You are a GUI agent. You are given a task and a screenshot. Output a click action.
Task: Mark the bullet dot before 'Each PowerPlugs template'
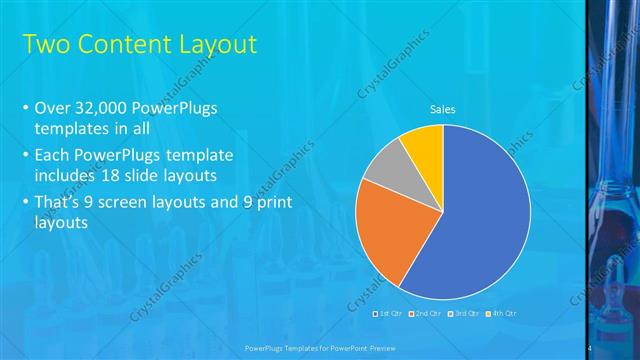pyautogui.click(x=24, y=156)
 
